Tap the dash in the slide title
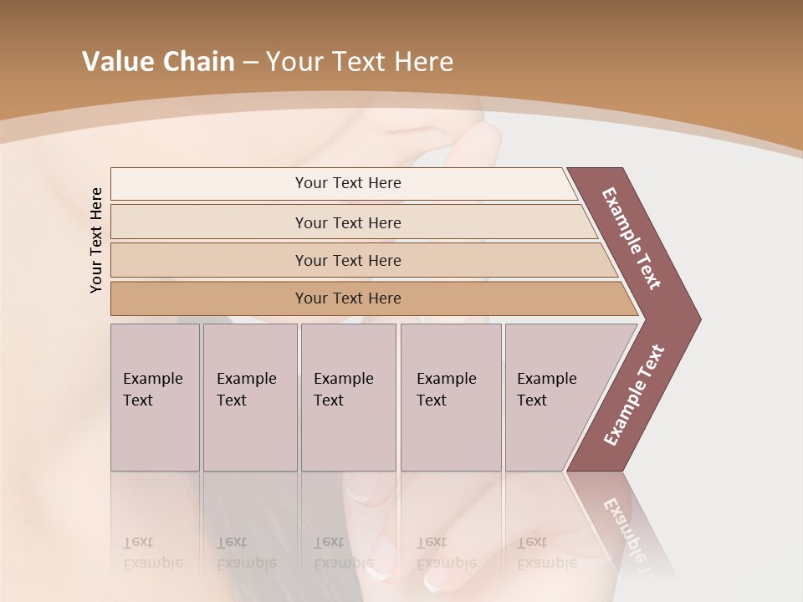pos(250,63)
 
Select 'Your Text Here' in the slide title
pos(360,62)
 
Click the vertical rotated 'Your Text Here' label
pos(96,241)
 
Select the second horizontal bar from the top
pos(348,222)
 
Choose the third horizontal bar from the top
pos(348,260)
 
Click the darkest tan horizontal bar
pos(348,298)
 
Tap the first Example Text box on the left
pos(155,397)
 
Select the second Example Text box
pos(249,397)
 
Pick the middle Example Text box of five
pos(348,397)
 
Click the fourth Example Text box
pos(450,397)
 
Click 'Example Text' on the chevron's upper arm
pos(632,238)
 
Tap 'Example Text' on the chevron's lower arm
pos(634,395)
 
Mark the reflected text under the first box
pos(152,553)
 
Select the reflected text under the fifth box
pos(546,553)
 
